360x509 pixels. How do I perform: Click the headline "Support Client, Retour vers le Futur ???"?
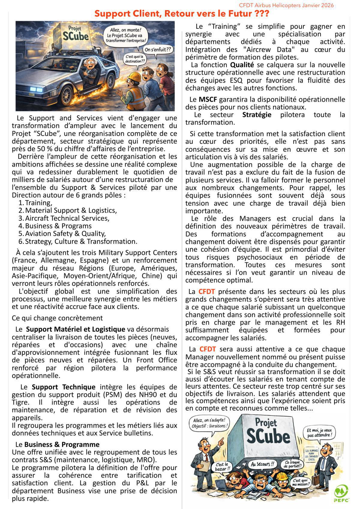tap(182, 14)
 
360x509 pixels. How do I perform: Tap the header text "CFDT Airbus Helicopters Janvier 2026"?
tap(286, 5)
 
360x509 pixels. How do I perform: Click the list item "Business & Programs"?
tap(58, 226)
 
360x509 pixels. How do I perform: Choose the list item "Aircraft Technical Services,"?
tap(67, 218)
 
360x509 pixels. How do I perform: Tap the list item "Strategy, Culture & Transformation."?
tap(81, 241)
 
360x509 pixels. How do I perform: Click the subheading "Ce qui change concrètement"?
tap(57, 318)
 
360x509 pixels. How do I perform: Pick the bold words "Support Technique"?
tap(64, 387)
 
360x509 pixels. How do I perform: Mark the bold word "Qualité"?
tap(242, 65)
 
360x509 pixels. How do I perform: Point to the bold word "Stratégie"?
tap(256, 115)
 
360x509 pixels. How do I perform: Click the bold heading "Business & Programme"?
tap(62, 444)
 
